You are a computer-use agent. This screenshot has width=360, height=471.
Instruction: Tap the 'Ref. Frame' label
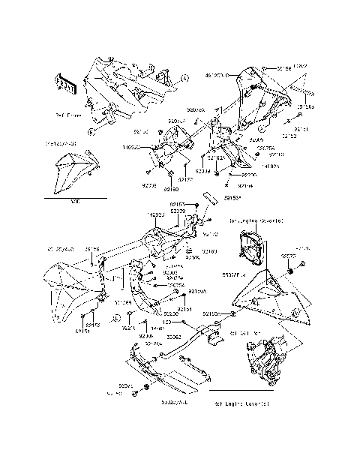[67, 115]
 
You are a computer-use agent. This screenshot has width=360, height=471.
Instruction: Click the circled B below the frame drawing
[91, 131]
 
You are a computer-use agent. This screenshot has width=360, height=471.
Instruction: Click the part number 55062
[173, 337]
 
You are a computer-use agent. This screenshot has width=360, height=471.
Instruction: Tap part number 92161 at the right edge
[301, 129]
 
